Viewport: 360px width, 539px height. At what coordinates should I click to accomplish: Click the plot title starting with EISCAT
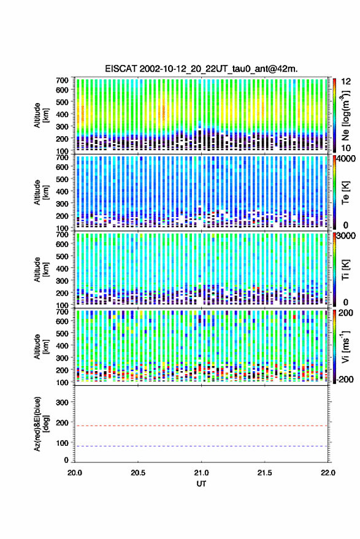click(202, 69)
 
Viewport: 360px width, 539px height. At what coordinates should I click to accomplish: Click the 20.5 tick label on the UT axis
click(138, 473)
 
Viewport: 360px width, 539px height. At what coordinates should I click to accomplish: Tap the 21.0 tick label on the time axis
click(201, 473)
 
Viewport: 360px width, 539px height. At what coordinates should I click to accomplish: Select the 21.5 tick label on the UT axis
click(264, 473)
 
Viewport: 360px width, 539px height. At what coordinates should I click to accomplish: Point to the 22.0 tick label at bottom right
click(327, 473)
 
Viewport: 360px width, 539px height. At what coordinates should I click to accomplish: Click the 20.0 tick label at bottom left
click(75, 473)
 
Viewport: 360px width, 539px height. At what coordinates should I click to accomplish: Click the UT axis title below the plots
click(201, 484)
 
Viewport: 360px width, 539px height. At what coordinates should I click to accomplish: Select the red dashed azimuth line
click(202, 426)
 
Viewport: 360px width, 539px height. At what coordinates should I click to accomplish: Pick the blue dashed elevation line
click(202, 446)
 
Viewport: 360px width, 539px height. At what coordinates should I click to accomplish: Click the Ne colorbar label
click(345, 115)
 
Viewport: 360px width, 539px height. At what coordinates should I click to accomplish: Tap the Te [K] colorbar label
click(345, 193)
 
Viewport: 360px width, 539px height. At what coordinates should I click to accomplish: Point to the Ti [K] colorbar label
click(345, 270)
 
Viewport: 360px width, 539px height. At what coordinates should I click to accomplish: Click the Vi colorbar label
click(345, 346)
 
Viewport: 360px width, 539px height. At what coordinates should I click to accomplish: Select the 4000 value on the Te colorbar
click(347, 159)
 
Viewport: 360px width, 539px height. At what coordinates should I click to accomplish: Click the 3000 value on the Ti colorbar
click(347, 236)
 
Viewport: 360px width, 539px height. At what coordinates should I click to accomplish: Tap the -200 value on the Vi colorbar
click(345, 379)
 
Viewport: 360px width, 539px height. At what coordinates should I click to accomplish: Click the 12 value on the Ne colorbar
click(347, 82)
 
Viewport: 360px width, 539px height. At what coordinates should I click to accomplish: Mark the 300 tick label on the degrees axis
click(62, 402)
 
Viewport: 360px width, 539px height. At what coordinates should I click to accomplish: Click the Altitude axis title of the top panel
click(41, 115)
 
